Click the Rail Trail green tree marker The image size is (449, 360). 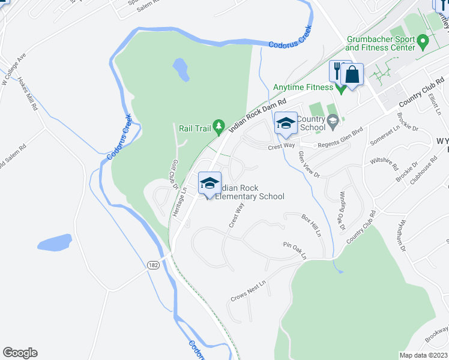coord(219,125)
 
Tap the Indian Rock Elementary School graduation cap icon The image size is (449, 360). coord(210,182)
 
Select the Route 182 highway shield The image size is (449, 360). coord(154,265)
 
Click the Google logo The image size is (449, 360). coord(20,353)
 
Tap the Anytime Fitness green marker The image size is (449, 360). coord(342,88)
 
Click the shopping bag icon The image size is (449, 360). coord(352,75)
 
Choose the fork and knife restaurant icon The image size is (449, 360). coord(336,70)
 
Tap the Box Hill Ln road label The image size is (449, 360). coord(312,224)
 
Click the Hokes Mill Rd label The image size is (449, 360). coord(28,95)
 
